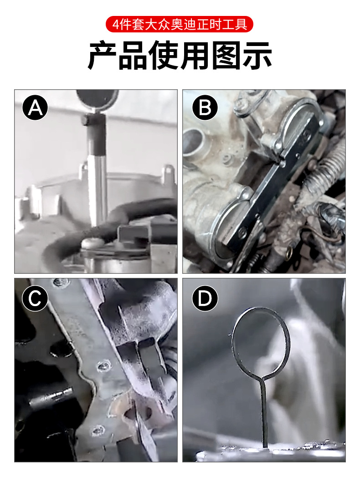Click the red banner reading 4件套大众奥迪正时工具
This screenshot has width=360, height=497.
[x=180, y=24]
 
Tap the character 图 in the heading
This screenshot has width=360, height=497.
[x=226, y=56]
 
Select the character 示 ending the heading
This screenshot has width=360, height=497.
[x=257, y=56]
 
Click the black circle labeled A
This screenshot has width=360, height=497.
[x=35, y=108]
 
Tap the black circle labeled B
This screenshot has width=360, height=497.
[x=205, y=108]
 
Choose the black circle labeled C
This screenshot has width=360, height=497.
[x=35, y=298]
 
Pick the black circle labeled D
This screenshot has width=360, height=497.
[x=205, y=298]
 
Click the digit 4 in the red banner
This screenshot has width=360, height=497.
[x=116, y=25]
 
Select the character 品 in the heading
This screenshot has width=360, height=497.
[x=133, y=56]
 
